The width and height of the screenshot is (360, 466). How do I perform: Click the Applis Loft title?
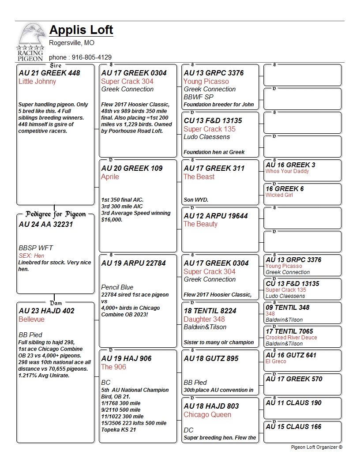81,30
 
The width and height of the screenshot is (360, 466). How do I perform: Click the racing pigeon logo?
30,42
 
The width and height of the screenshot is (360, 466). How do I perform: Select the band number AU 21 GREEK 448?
49,73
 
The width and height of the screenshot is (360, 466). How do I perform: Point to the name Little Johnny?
37,82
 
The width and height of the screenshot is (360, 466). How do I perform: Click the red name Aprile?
110,177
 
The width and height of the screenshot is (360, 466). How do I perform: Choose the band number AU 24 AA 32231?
46,225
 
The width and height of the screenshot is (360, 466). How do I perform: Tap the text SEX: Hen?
31,256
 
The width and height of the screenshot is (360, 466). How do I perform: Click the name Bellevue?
34,319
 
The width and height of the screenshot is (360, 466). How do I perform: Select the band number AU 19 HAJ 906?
126,358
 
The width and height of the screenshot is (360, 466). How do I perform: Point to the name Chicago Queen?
207,415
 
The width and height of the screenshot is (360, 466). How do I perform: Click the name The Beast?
199,177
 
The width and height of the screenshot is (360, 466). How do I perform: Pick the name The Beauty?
201,224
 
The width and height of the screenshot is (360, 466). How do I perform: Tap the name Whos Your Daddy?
287,171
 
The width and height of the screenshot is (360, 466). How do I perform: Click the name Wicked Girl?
279,195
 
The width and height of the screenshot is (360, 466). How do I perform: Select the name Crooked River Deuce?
291,338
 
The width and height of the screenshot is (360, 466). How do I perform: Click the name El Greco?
276,361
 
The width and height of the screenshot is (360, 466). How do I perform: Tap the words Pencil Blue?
117,287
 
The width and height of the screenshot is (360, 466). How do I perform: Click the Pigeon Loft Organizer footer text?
316,447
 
